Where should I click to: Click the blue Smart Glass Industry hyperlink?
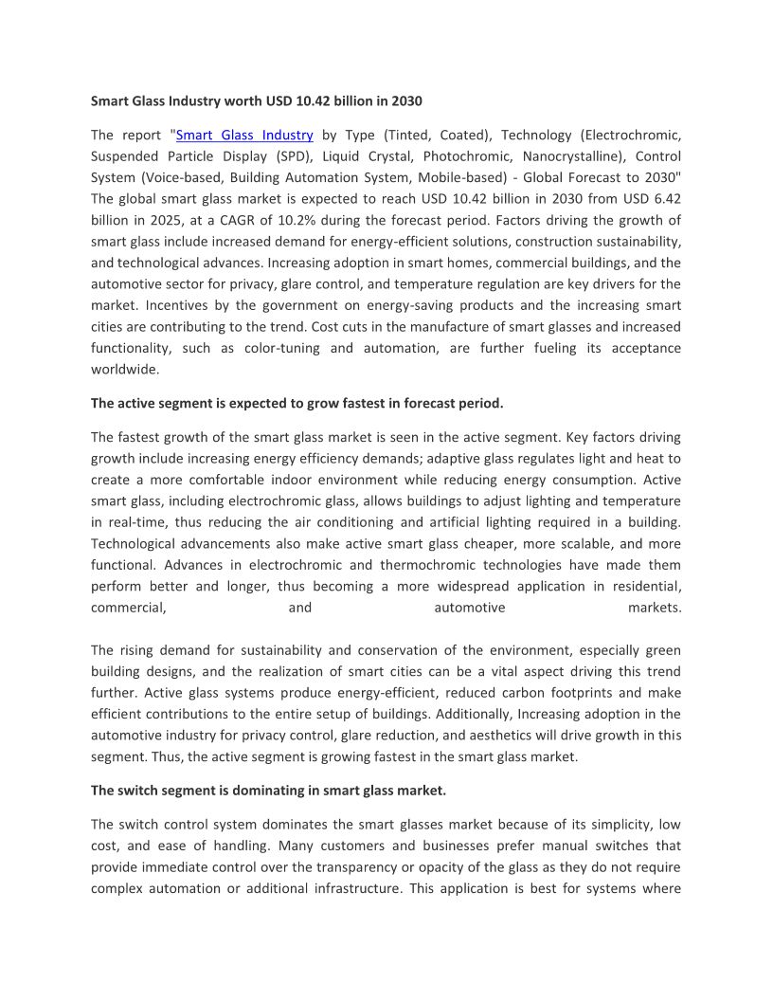click(x=244, y=135)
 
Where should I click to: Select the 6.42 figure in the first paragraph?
click(x=662, y=198)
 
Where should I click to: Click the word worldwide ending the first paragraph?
click(x=125, y=369)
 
